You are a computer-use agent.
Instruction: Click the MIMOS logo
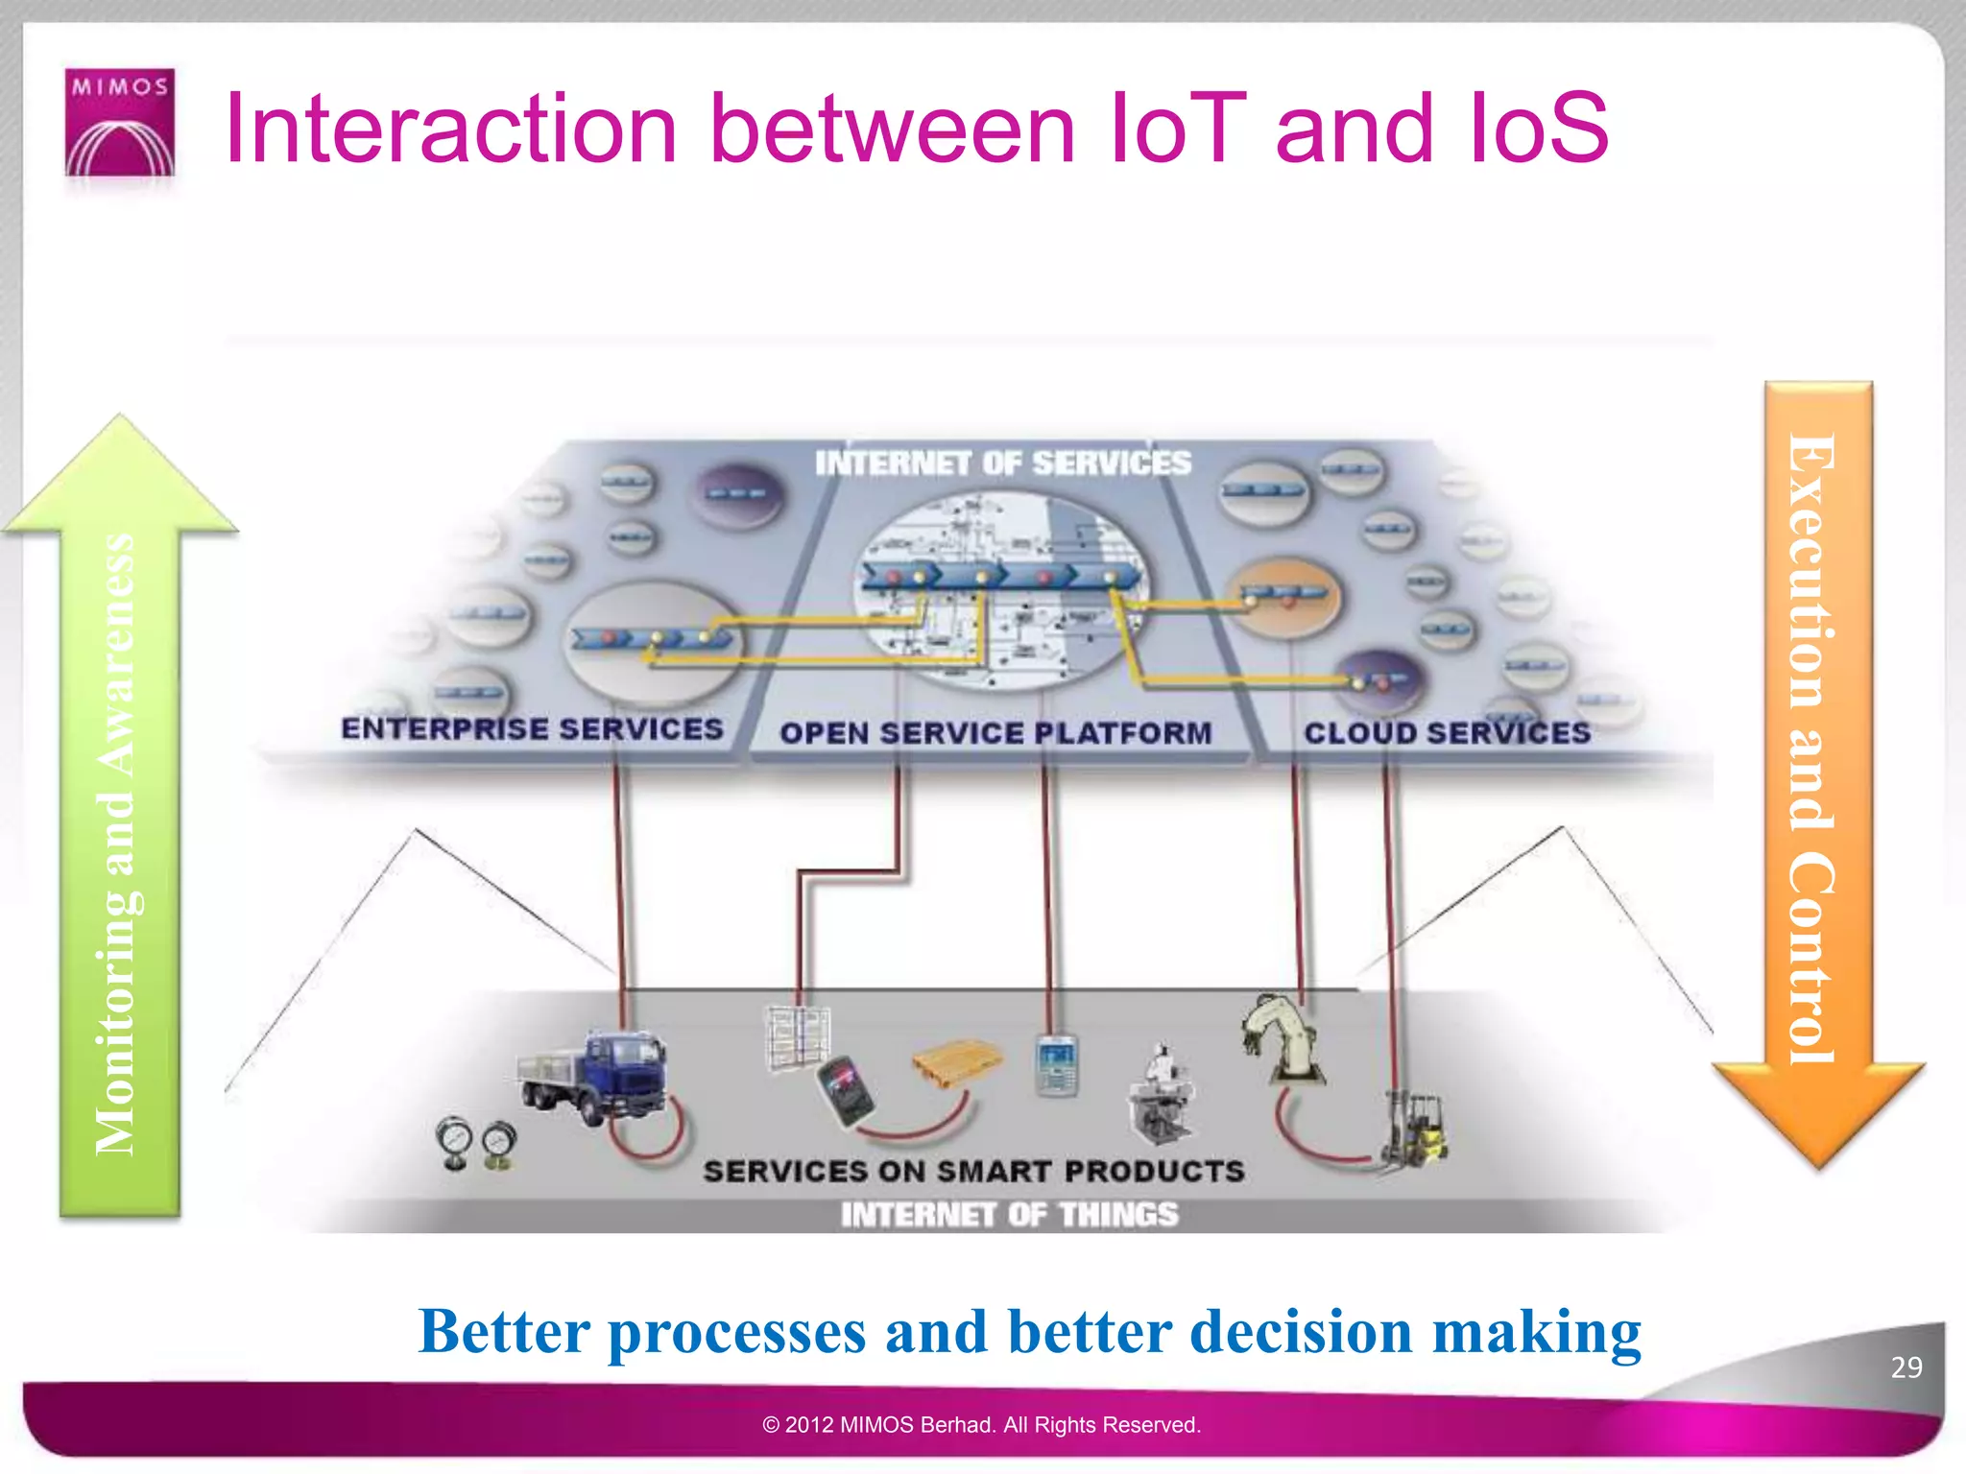[x=120, y=122]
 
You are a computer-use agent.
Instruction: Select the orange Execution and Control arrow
[x=1817, y=768]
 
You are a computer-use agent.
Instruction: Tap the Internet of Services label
[x=1003, y=464]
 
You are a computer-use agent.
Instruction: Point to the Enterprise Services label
[x=532, y=728]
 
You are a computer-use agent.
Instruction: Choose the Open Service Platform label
[x=995, y=733]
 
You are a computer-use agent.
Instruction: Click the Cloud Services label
[x=1447, y=733]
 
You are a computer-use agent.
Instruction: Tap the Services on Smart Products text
[x=973, y=1171]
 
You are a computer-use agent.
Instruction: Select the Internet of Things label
[x=1009, y=1215]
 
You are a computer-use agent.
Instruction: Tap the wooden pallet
[x=955, y=1062]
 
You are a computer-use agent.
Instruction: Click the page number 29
[x=1906, y=1367]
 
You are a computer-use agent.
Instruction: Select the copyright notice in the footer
[x=981, y=1425]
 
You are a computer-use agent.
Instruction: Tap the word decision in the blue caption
[x=1301, y=1332]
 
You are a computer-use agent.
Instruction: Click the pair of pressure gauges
[x=476, y=1143]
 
